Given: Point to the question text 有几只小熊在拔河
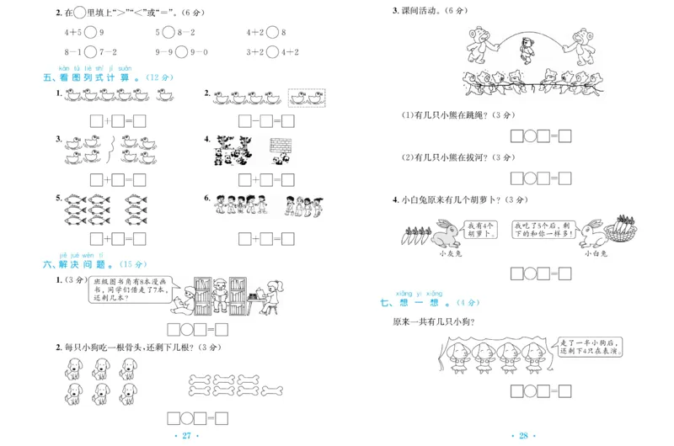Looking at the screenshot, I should click(x=447, y=157).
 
